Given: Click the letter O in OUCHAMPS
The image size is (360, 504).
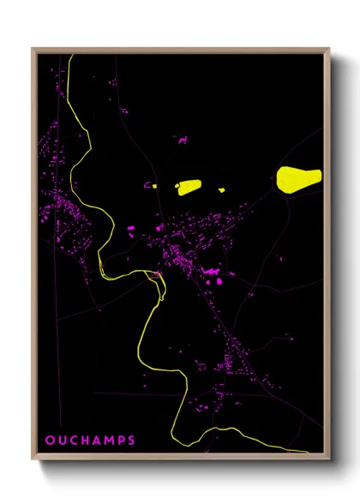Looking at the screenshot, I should [x=49, y=441].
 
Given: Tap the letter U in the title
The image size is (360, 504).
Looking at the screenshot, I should [x=61, y=441].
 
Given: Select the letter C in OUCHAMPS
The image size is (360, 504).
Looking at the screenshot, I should [x=73, y=441].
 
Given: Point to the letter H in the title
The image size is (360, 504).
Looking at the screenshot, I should [x=85, y=441].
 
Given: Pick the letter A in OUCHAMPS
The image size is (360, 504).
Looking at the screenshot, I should [x=97, y=441].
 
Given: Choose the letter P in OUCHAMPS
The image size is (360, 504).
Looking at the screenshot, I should [x=121, y=441].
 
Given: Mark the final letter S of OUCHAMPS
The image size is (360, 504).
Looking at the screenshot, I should [x=131, y=441].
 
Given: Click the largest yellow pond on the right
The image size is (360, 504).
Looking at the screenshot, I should [x=297, y=178].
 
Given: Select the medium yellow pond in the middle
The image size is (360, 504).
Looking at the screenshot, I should [x=188, y=185].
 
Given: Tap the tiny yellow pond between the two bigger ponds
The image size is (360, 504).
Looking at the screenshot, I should [x=221, y=189].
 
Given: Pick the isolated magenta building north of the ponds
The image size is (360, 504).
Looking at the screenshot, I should [x=182, y=140].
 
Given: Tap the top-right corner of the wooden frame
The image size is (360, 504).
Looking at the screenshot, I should [x=328, y=50].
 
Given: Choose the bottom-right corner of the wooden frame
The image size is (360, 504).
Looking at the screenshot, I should [x=328, y=459].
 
